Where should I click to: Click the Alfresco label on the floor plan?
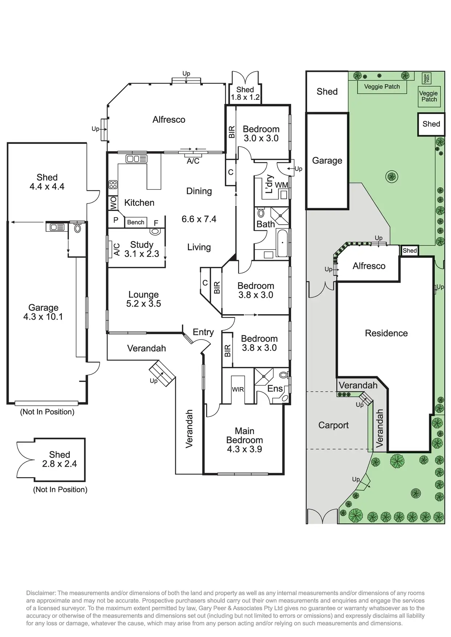click(169, 119)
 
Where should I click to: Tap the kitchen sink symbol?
click(136, 159)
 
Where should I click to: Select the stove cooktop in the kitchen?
click(113, 184)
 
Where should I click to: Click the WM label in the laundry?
click(281, 185)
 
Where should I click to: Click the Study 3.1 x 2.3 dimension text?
click(142, 249)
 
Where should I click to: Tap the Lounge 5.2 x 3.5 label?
click(144, 299)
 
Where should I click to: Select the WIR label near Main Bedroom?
click(238, 389)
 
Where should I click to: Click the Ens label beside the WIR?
click(275, 389)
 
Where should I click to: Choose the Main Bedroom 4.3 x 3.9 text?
click(244, 440)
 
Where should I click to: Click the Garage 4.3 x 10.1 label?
click(43, 312)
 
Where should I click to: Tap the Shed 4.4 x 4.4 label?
click(47, 182)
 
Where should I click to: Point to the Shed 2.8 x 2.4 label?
click(60, 459)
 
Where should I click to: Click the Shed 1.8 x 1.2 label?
click(245, 93)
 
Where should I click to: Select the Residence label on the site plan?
click(386, 333)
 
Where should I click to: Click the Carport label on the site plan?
click(333, 425)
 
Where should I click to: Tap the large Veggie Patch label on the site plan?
click(382, 86)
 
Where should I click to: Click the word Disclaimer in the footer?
click(40, 593)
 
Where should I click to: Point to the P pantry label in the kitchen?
click(116, 220)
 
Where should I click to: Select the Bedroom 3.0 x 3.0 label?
click(261, 133)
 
